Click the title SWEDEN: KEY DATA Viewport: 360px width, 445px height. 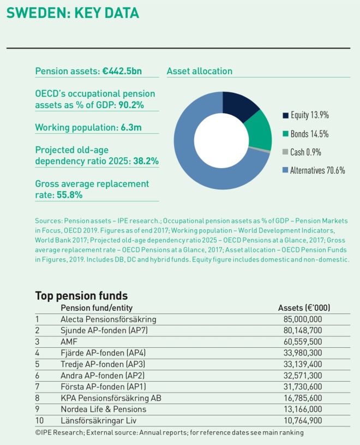point(73,13)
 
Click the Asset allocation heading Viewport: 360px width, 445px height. point(199,71)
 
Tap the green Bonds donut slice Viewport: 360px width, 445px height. point(260,131)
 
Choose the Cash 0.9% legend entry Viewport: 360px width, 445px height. point(305,152)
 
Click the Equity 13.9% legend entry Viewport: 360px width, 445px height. point(309,115)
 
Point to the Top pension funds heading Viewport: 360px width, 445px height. point(81,296)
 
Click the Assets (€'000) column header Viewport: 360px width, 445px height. point(304,308)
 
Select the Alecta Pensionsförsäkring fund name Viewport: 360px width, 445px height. point(109,319)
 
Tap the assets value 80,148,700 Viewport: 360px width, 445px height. point(303,330)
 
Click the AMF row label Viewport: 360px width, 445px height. point(69,341)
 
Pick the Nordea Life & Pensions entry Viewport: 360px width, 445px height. point(104,409)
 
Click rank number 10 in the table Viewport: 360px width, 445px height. point(39,420)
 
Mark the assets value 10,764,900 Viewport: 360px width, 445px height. point(303,420)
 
